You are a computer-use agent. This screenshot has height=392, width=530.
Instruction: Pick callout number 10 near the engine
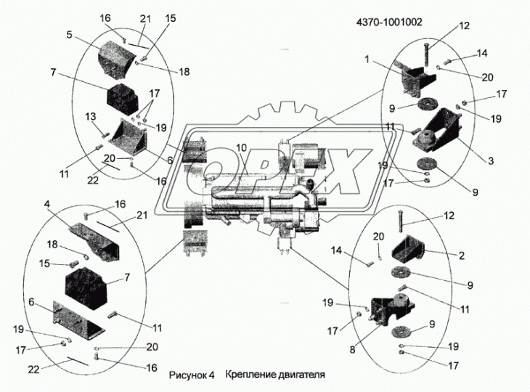[x=241, y=148]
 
